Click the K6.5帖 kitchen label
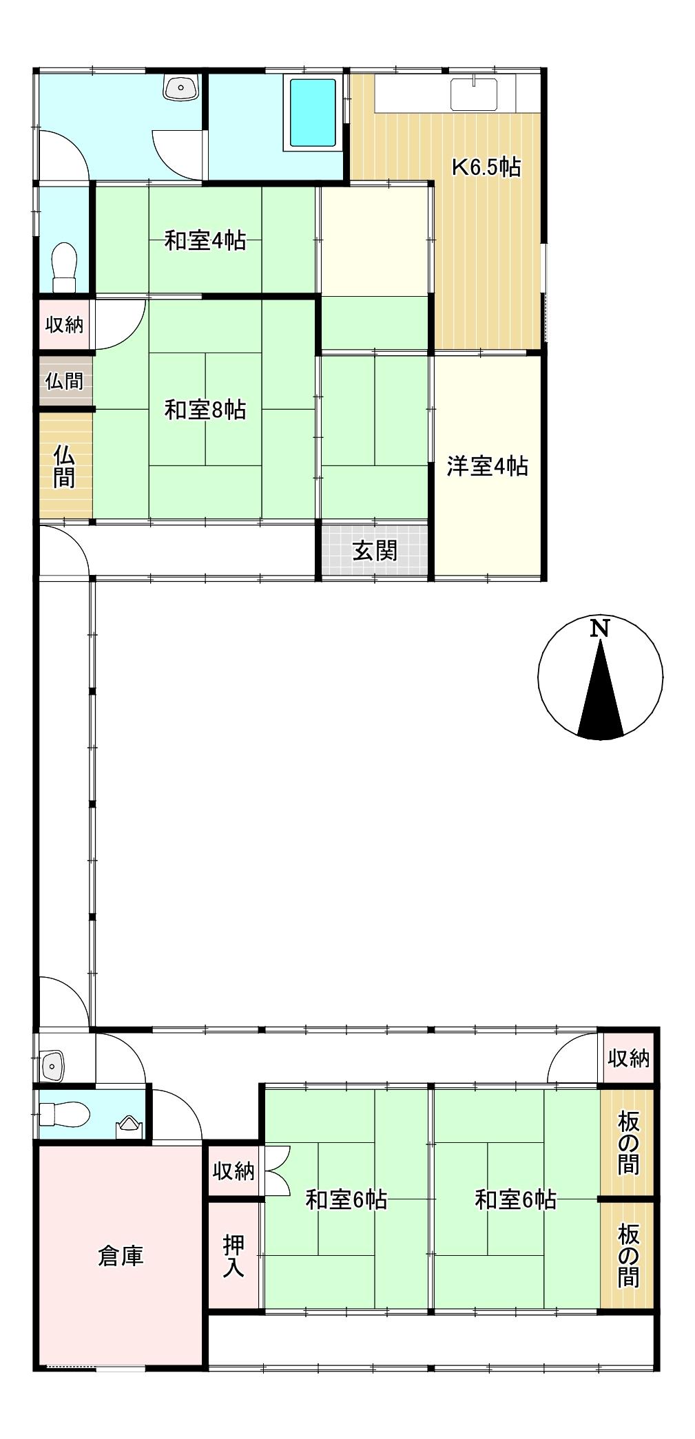click(486, 167)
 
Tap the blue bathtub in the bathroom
click(313, 113)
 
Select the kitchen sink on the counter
click(474, 94)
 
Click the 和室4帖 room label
click(205, 240)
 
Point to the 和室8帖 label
click(205, 410)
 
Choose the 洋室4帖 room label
click(487, 466)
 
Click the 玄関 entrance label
click(375, 550)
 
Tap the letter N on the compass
click(601, 628)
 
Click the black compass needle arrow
click(601, 695)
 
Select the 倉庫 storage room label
click(121, 1256)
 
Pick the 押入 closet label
click(234, 1256)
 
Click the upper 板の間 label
click(627, 1143)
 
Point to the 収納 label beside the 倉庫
click(234, 1170)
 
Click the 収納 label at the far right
click(627, 1058)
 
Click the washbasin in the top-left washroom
click(181, 87)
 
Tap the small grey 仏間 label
click(64, 381)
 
